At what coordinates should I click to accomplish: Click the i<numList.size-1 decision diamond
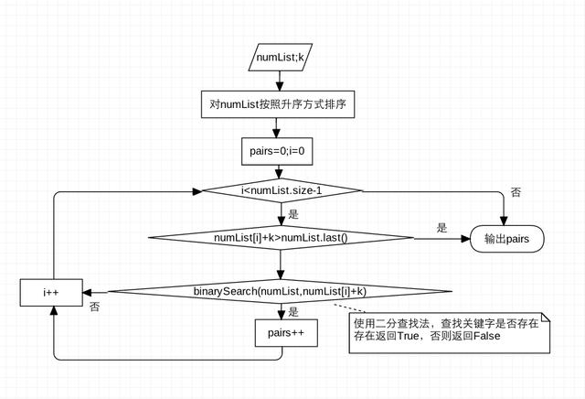click(x=282, y=190)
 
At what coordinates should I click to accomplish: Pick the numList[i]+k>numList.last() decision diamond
click(x=282, y=238)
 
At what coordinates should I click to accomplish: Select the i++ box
click(x=52, y=292)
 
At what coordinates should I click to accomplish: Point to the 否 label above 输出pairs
click(x=516, y=193)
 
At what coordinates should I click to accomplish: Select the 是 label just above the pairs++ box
click(x=293, y=311)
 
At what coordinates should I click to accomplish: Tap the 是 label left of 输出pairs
click(x=441, y=228)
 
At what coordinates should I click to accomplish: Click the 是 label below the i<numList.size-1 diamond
click(x=293, y=213)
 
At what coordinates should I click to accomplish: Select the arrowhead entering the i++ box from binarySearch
click(x=89, y=292)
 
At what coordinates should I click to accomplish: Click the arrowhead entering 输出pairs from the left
click(x=465, y=239)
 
